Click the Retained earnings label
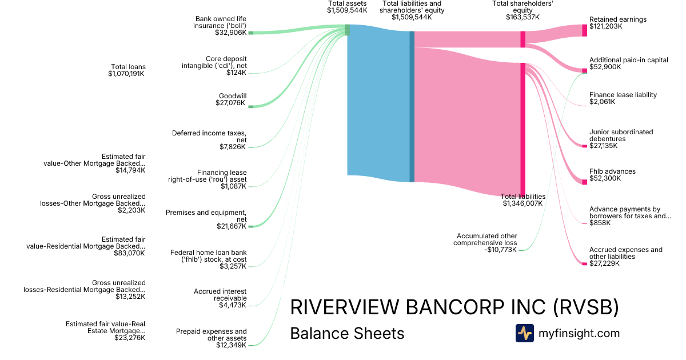[x=617, y=19]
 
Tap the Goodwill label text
[x=232, y=96]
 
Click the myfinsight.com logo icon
[x=524, y=333]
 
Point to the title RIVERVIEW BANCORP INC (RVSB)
[x=454, y=307]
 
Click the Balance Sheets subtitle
[x=347, y=333]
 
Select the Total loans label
[x=128, y=67]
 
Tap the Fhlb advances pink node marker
[x=584, y=182]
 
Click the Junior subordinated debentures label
[x=621, y=135]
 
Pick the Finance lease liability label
[x=623, y=95]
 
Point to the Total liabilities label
[x=523, y=196]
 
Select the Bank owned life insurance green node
[x=250, y=33]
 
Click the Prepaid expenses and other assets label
[x=212, y=334]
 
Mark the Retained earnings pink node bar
[x=584, y=30]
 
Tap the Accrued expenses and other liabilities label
[x=625, y=253]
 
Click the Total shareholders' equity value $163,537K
[x=523, y=17]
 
